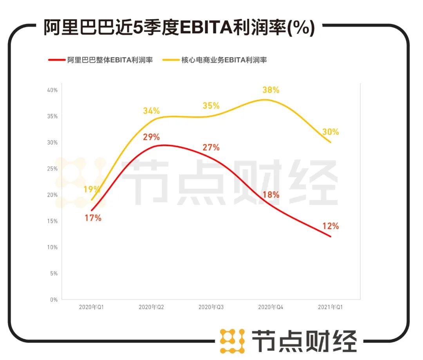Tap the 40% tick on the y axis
[x=52, y=90]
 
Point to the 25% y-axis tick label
[x=52, y=169]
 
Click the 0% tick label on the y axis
[x=54, y=300]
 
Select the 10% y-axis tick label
[x=52, y=247]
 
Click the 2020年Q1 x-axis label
[x=91, y=307]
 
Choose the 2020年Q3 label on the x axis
[x=211, y=307]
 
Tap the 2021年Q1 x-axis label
[x=331, y=307]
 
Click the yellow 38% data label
[x=271, y=90]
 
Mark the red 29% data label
[x=151, y=137]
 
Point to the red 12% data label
[x=331, y=226]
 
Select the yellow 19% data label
[x=92, y=189]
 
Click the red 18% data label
[x=271, y=195]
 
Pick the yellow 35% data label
[x=211, y=106]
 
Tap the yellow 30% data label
[x=331, y=132]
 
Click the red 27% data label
[x=211, y=148]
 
